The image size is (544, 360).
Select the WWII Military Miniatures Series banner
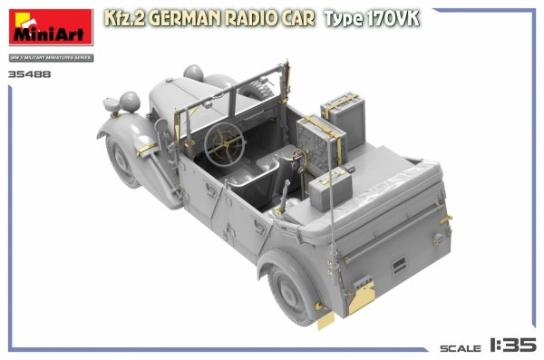pos(49,59)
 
